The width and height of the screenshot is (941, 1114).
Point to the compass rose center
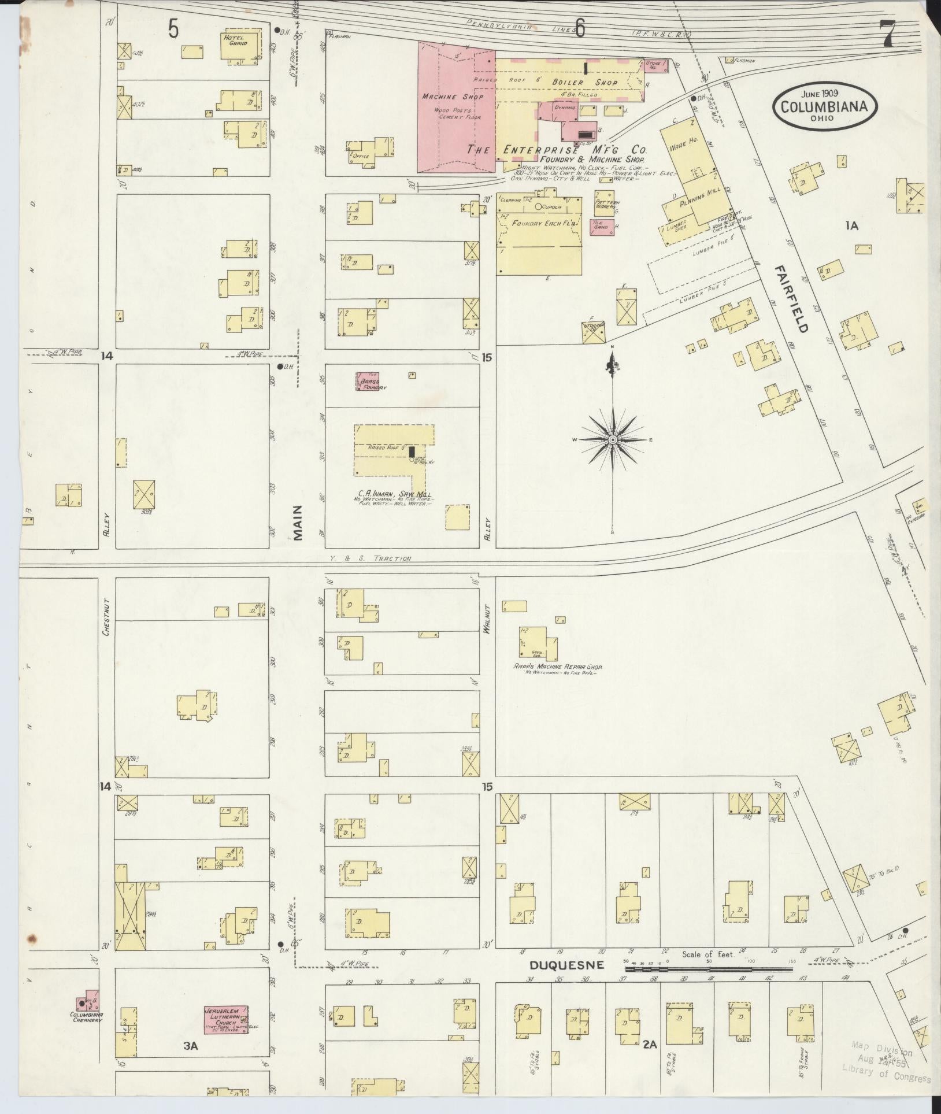(x=612, y=441)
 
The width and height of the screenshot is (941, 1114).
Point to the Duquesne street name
(x=567, y=965)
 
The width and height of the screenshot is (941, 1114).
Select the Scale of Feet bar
(x=708, y=967)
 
